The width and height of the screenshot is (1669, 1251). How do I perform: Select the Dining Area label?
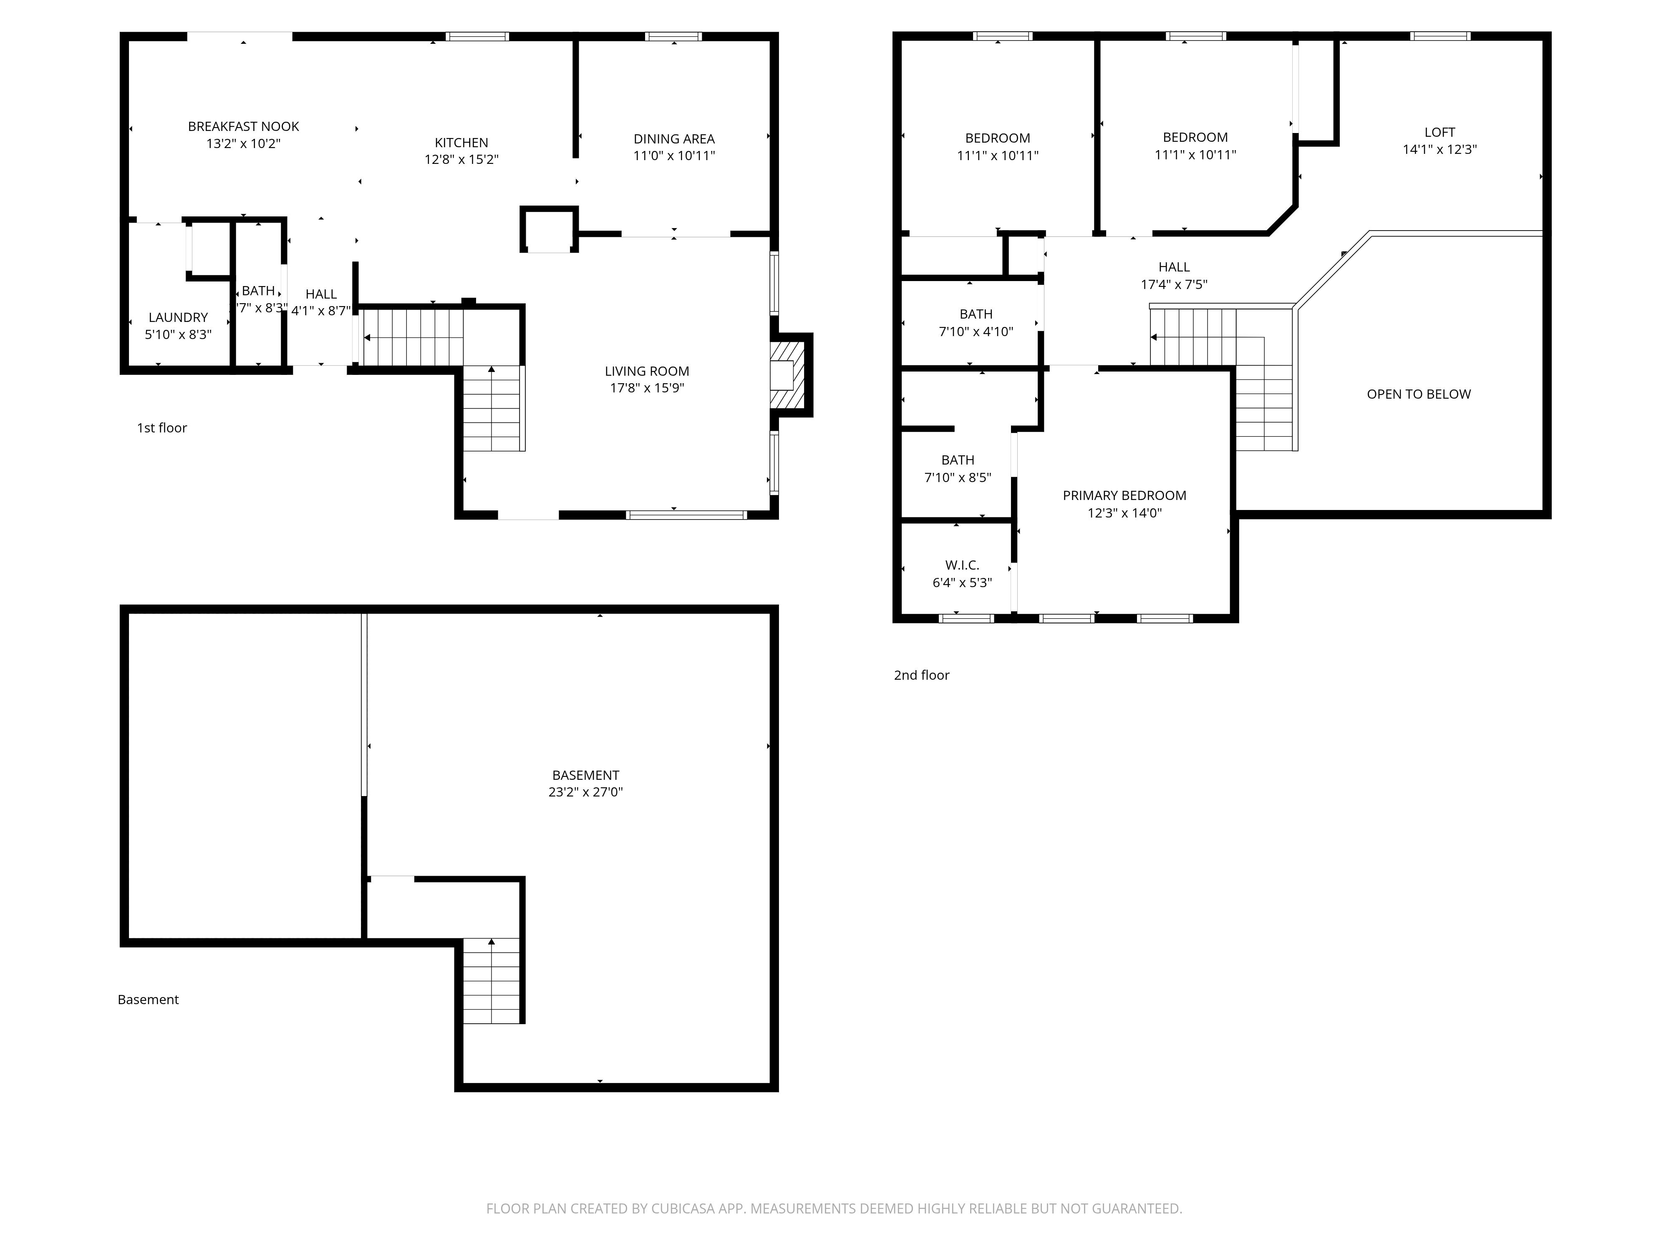[x=674, y=139]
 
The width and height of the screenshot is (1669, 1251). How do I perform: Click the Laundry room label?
[x=178, y=317]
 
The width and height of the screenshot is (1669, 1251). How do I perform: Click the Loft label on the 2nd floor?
[x=1440, y=132]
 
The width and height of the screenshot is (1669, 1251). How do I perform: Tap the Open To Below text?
[x=1419, y=394]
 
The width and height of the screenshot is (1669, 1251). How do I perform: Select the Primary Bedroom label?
[x=1124, y=495]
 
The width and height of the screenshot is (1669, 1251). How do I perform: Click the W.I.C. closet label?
[x=962, y=565]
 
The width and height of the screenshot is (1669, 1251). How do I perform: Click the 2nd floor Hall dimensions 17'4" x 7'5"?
[x=1174, y=284]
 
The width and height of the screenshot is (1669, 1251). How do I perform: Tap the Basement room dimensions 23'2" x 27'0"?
[x=585, y=792]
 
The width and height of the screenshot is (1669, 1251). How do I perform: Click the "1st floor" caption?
[x=161, y=427]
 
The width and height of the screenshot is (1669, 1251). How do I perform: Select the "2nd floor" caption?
[x=921, y=675]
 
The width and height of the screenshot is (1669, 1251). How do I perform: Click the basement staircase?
[x=491, y=980]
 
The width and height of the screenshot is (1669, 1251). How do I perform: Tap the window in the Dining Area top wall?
[x=673, y=36]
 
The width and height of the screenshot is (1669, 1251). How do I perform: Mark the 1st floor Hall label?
[x=321, y=294]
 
